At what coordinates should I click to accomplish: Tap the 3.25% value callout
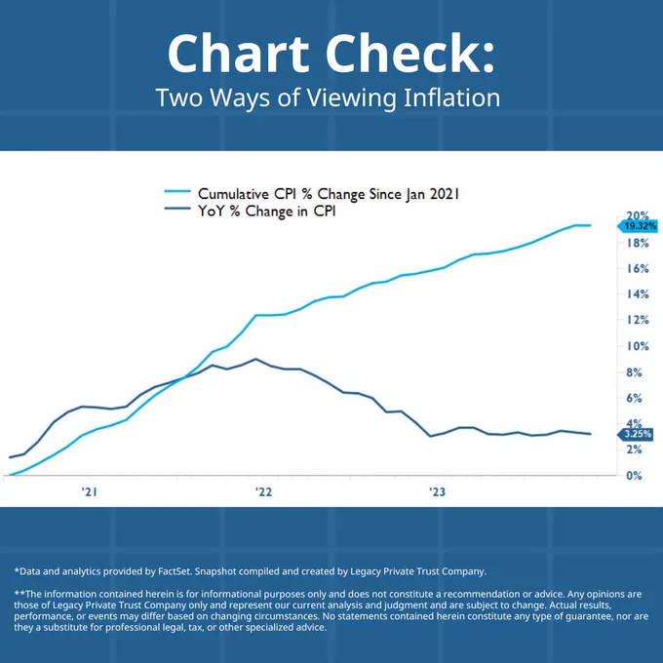pos(635,434)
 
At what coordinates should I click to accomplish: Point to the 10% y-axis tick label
pos(638,346)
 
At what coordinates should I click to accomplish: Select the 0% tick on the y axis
pos(635,476)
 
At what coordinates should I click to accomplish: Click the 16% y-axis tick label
pos(638,268)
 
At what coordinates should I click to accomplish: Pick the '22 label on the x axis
pos(263,491)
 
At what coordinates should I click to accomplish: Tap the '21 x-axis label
pos(90,491)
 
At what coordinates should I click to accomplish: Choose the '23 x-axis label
pos(437,491)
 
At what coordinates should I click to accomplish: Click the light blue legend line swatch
pos(177,191)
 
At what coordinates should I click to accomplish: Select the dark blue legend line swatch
pos(177,208)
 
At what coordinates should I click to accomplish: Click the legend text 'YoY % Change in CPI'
pos(267,211)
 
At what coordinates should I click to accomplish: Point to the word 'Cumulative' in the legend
pos(233,194)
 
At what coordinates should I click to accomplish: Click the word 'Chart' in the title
pos(239,55)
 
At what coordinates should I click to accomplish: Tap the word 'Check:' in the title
pos(409,55)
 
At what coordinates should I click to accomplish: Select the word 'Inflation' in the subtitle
pos(452,97)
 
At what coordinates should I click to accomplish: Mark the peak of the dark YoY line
pos(255,359)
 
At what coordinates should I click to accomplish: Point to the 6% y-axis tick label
pos(635,398)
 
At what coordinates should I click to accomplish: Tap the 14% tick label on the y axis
pos(638,294)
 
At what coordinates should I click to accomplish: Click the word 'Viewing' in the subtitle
pos(351,98)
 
